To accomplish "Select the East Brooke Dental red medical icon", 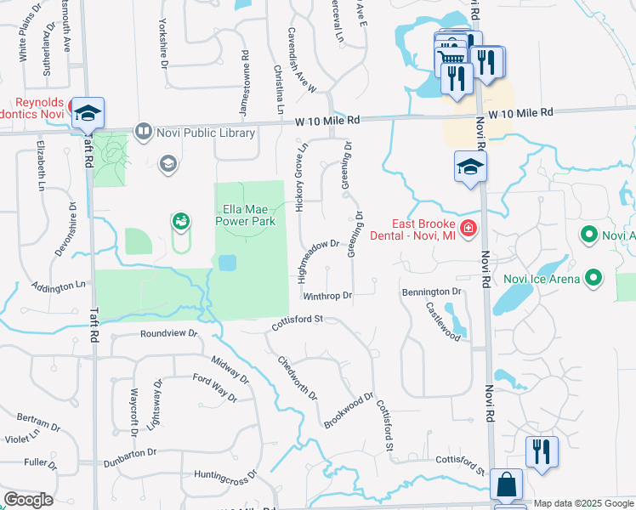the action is click(x=467, y=228).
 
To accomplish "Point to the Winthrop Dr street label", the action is click(x=327, y=297).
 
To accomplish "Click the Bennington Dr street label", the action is click(x=431, y=292).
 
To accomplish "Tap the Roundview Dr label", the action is click(x=168, y=334).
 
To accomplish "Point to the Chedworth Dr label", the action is click(x=297, y=377).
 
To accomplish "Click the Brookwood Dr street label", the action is click(x=349, y=410).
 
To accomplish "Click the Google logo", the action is click(x=29, y=500).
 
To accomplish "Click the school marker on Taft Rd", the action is click(x=87, y=111).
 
